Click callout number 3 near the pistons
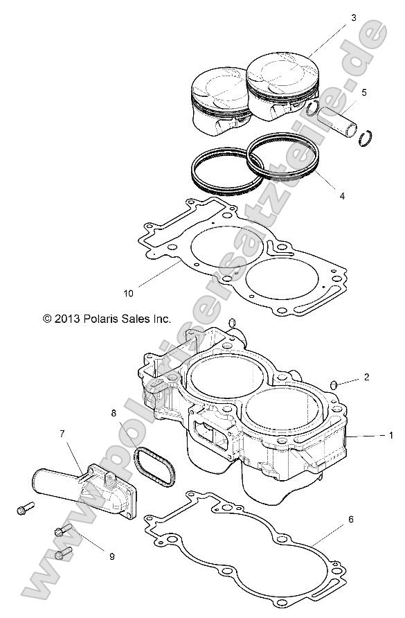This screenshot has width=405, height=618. (354, 18)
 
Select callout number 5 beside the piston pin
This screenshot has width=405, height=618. (364, 92)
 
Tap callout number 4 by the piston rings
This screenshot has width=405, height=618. (342, 197)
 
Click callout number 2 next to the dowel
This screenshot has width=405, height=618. (367, 378)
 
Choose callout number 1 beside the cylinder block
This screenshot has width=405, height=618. (391, 436)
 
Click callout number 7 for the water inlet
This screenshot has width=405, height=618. (62, 434)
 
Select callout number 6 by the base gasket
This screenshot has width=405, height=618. (351, 519)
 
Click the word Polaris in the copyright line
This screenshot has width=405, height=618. (105, 319)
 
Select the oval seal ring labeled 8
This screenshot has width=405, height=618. (152, 468)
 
